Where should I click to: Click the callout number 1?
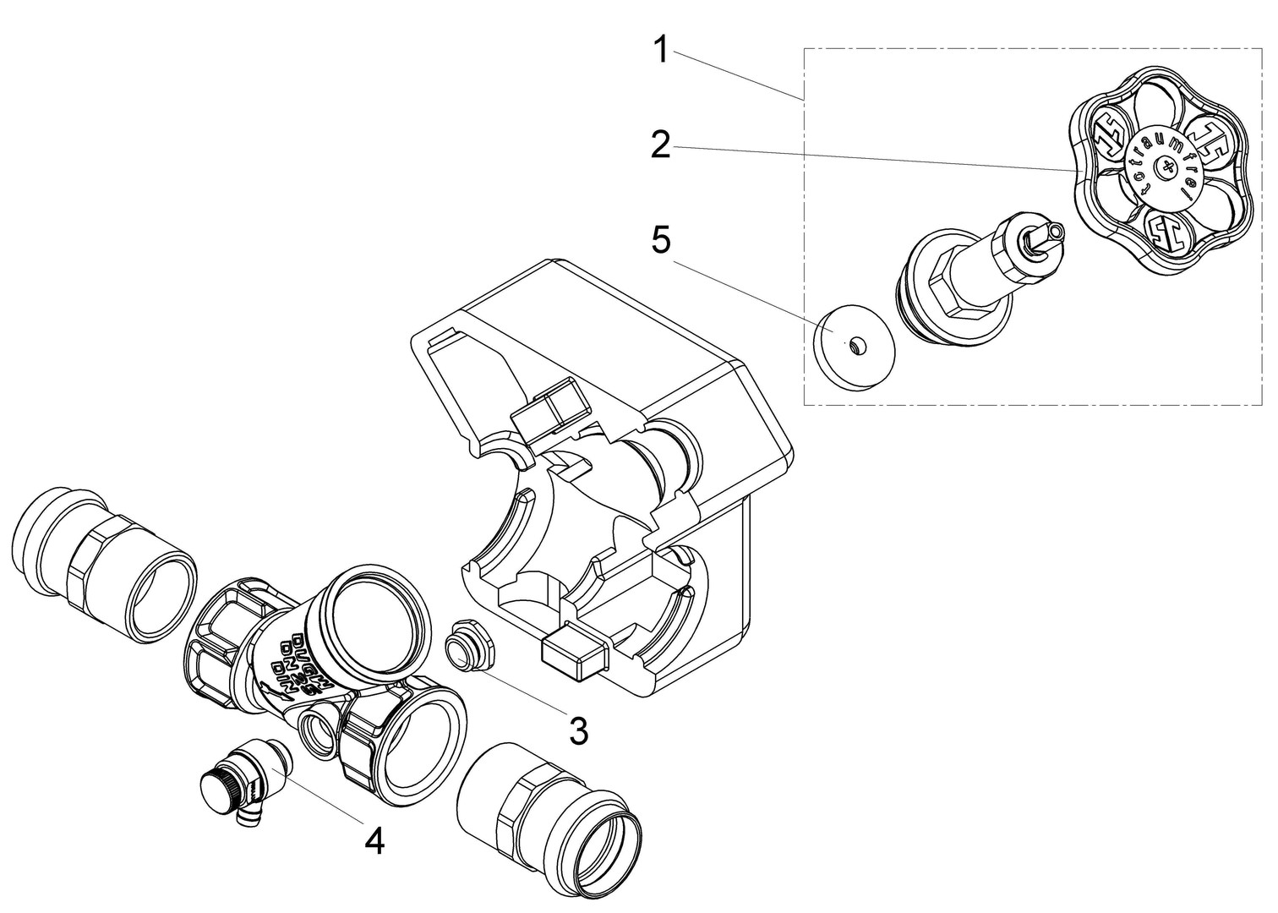click(662, 51)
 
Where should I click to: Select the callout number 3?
click(577, 730)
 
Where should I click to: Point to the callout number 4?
click(374, 840)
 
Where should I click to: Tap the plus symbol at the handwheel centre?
click(1167, 167)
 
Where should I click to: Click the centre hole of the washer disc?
click(858, 344)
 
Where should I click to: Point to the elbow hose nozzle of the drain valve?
click(249, 813)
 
